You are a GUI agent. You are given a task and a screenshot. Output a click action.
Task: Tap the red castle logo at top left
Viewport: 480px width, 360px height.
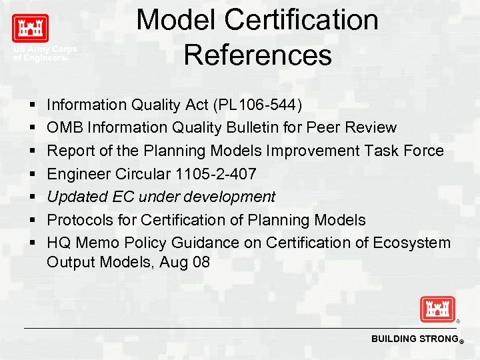[x=30, y=29]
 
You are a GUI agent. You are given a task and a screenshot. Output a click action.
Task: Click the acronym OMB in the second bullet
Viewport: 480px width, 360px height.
[x=63, y=127]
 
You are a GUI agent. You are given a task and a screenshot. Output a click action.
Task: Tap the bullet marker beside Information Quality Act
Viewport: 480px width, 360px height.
[x=32, y=105]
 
